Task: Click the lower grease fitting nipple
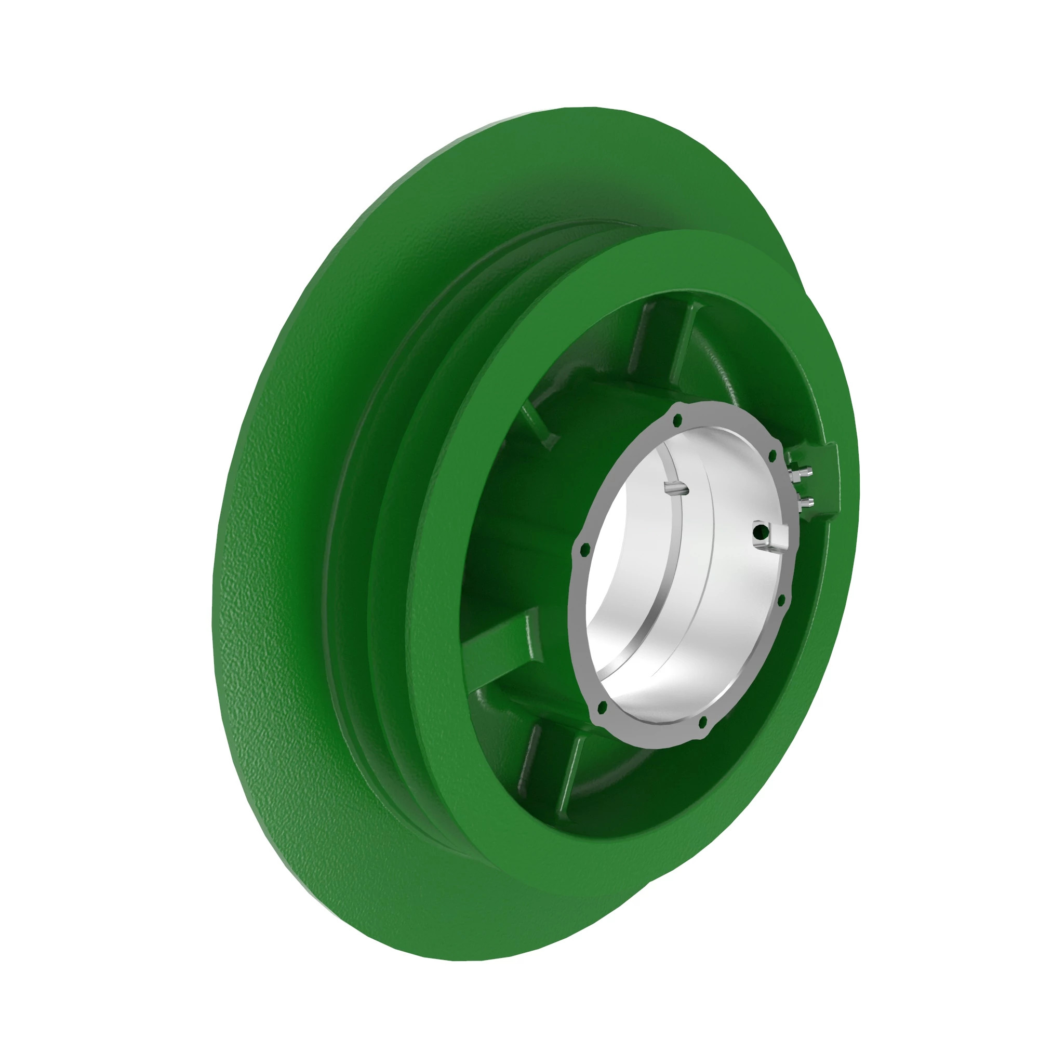coord(805,503)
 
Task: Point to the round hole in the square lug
coord(760,532)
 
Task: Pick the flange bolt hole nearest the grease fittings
coord(773,456)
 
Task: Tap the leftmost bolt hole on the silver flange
coord(585,549)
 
